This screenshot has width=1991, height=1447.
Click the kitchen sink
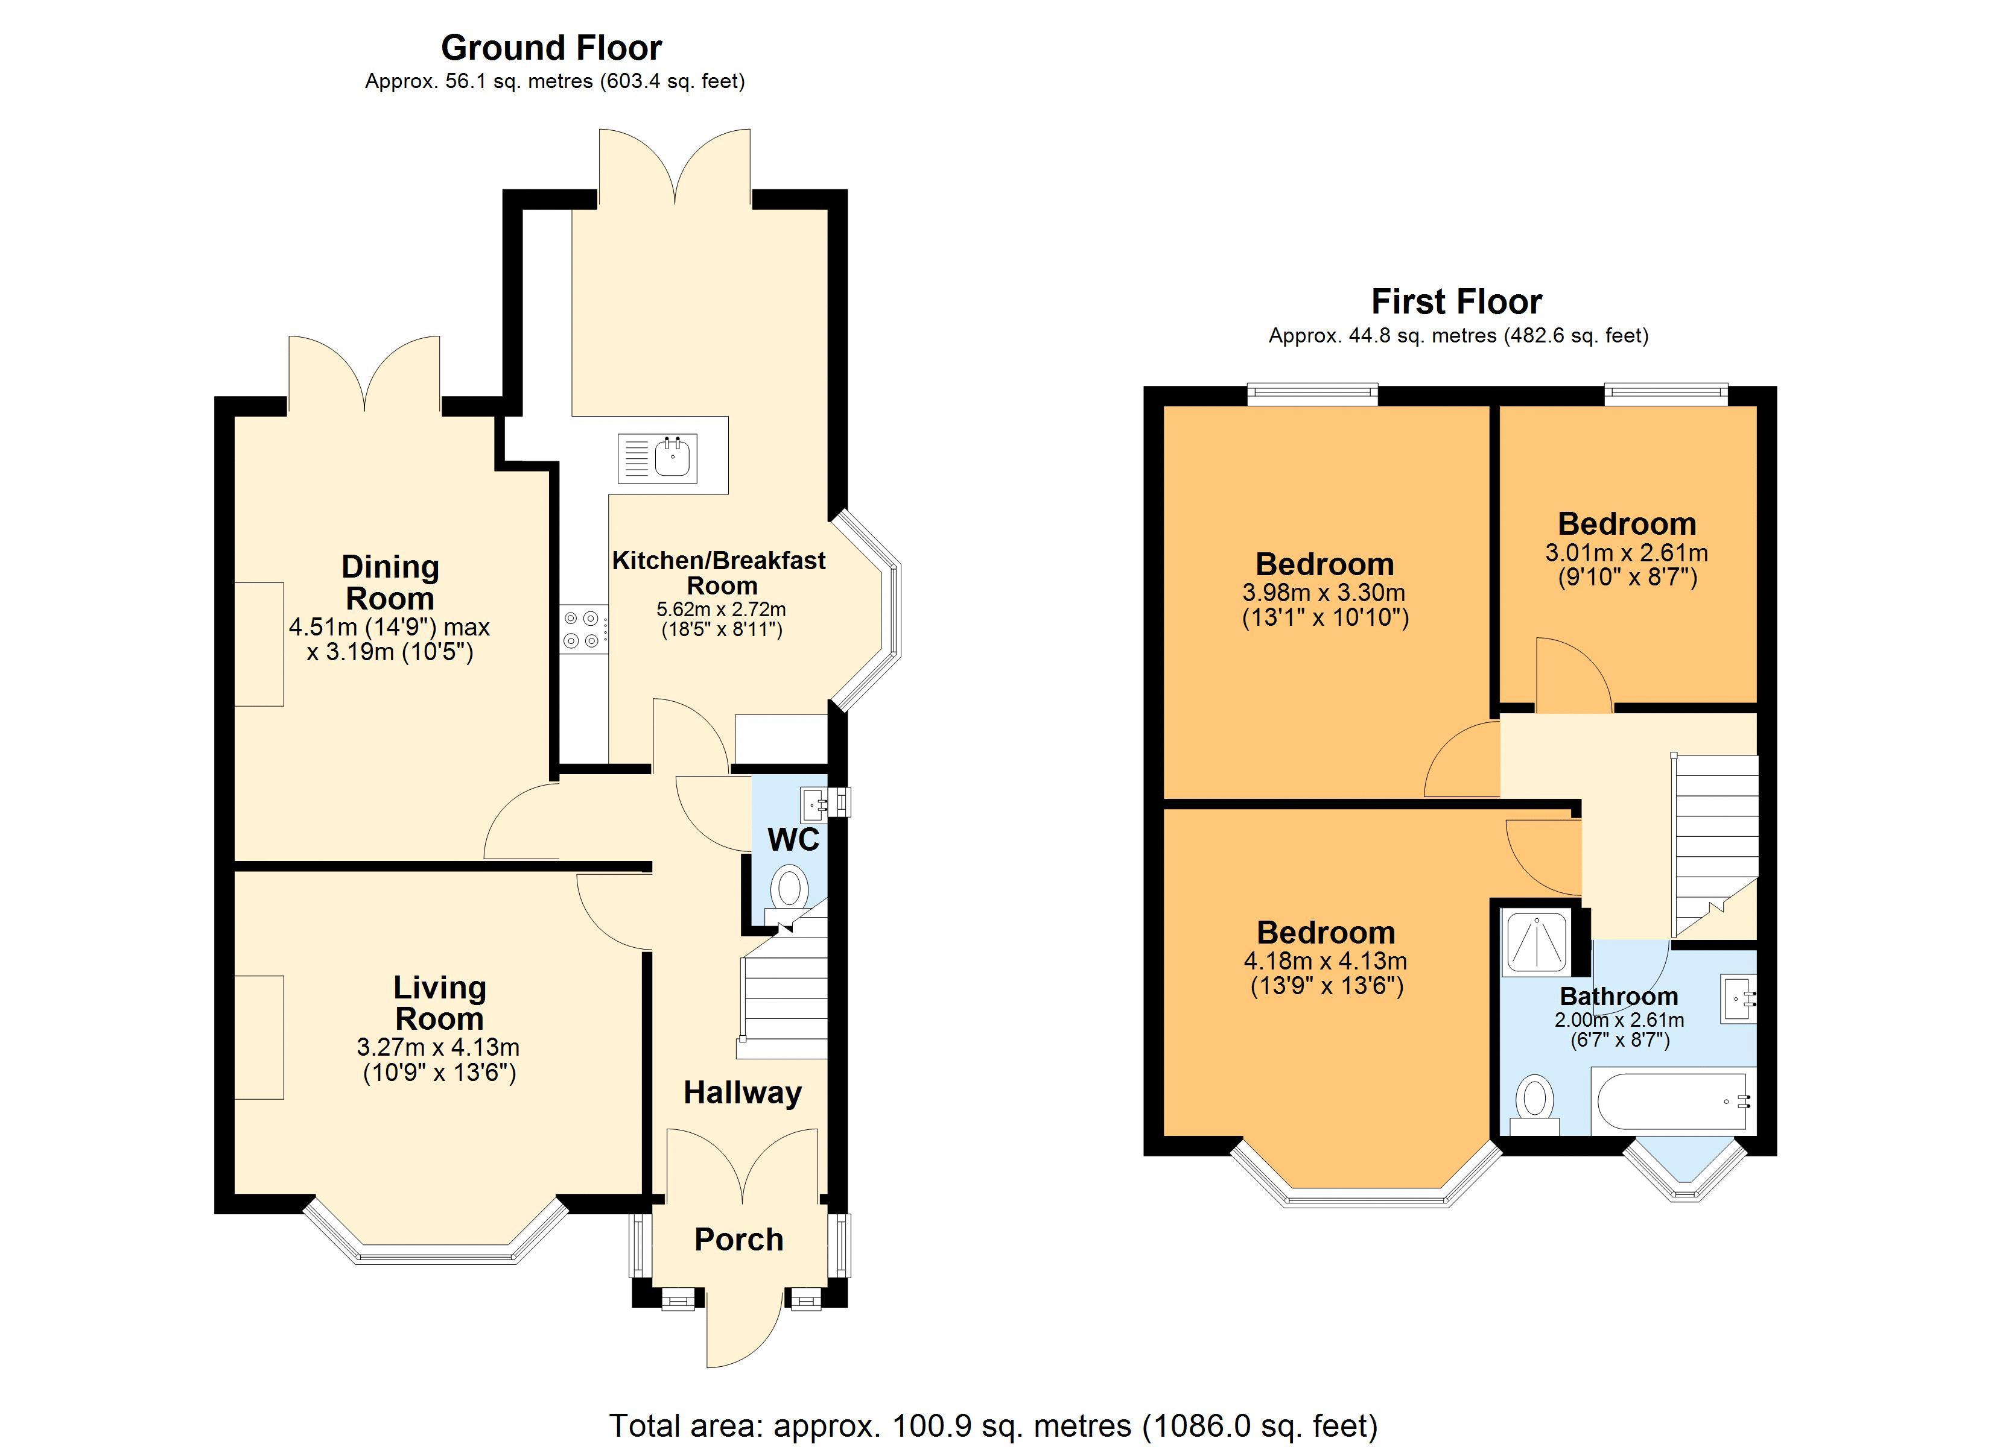(658, 458)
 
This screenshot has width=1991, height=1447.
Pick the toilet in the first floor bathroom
(1534, 1105)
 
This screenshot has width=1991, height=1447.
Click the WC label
(793, 840)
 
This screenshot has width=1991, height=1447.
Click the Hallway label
(743, 1092)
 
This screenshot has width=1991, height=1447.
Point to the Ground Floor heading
(551, 48)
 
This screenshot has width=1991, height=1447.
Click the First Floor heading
(1456, 302)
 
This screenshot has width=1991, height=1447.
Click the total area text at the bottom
(993, 1426)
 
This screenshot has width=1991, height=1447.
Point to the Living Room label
(439, 1003)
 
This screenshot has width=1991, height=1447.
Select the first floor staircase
(1715, 846)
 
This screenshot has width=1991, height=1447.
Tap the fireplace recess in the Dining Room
(259, 644)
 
